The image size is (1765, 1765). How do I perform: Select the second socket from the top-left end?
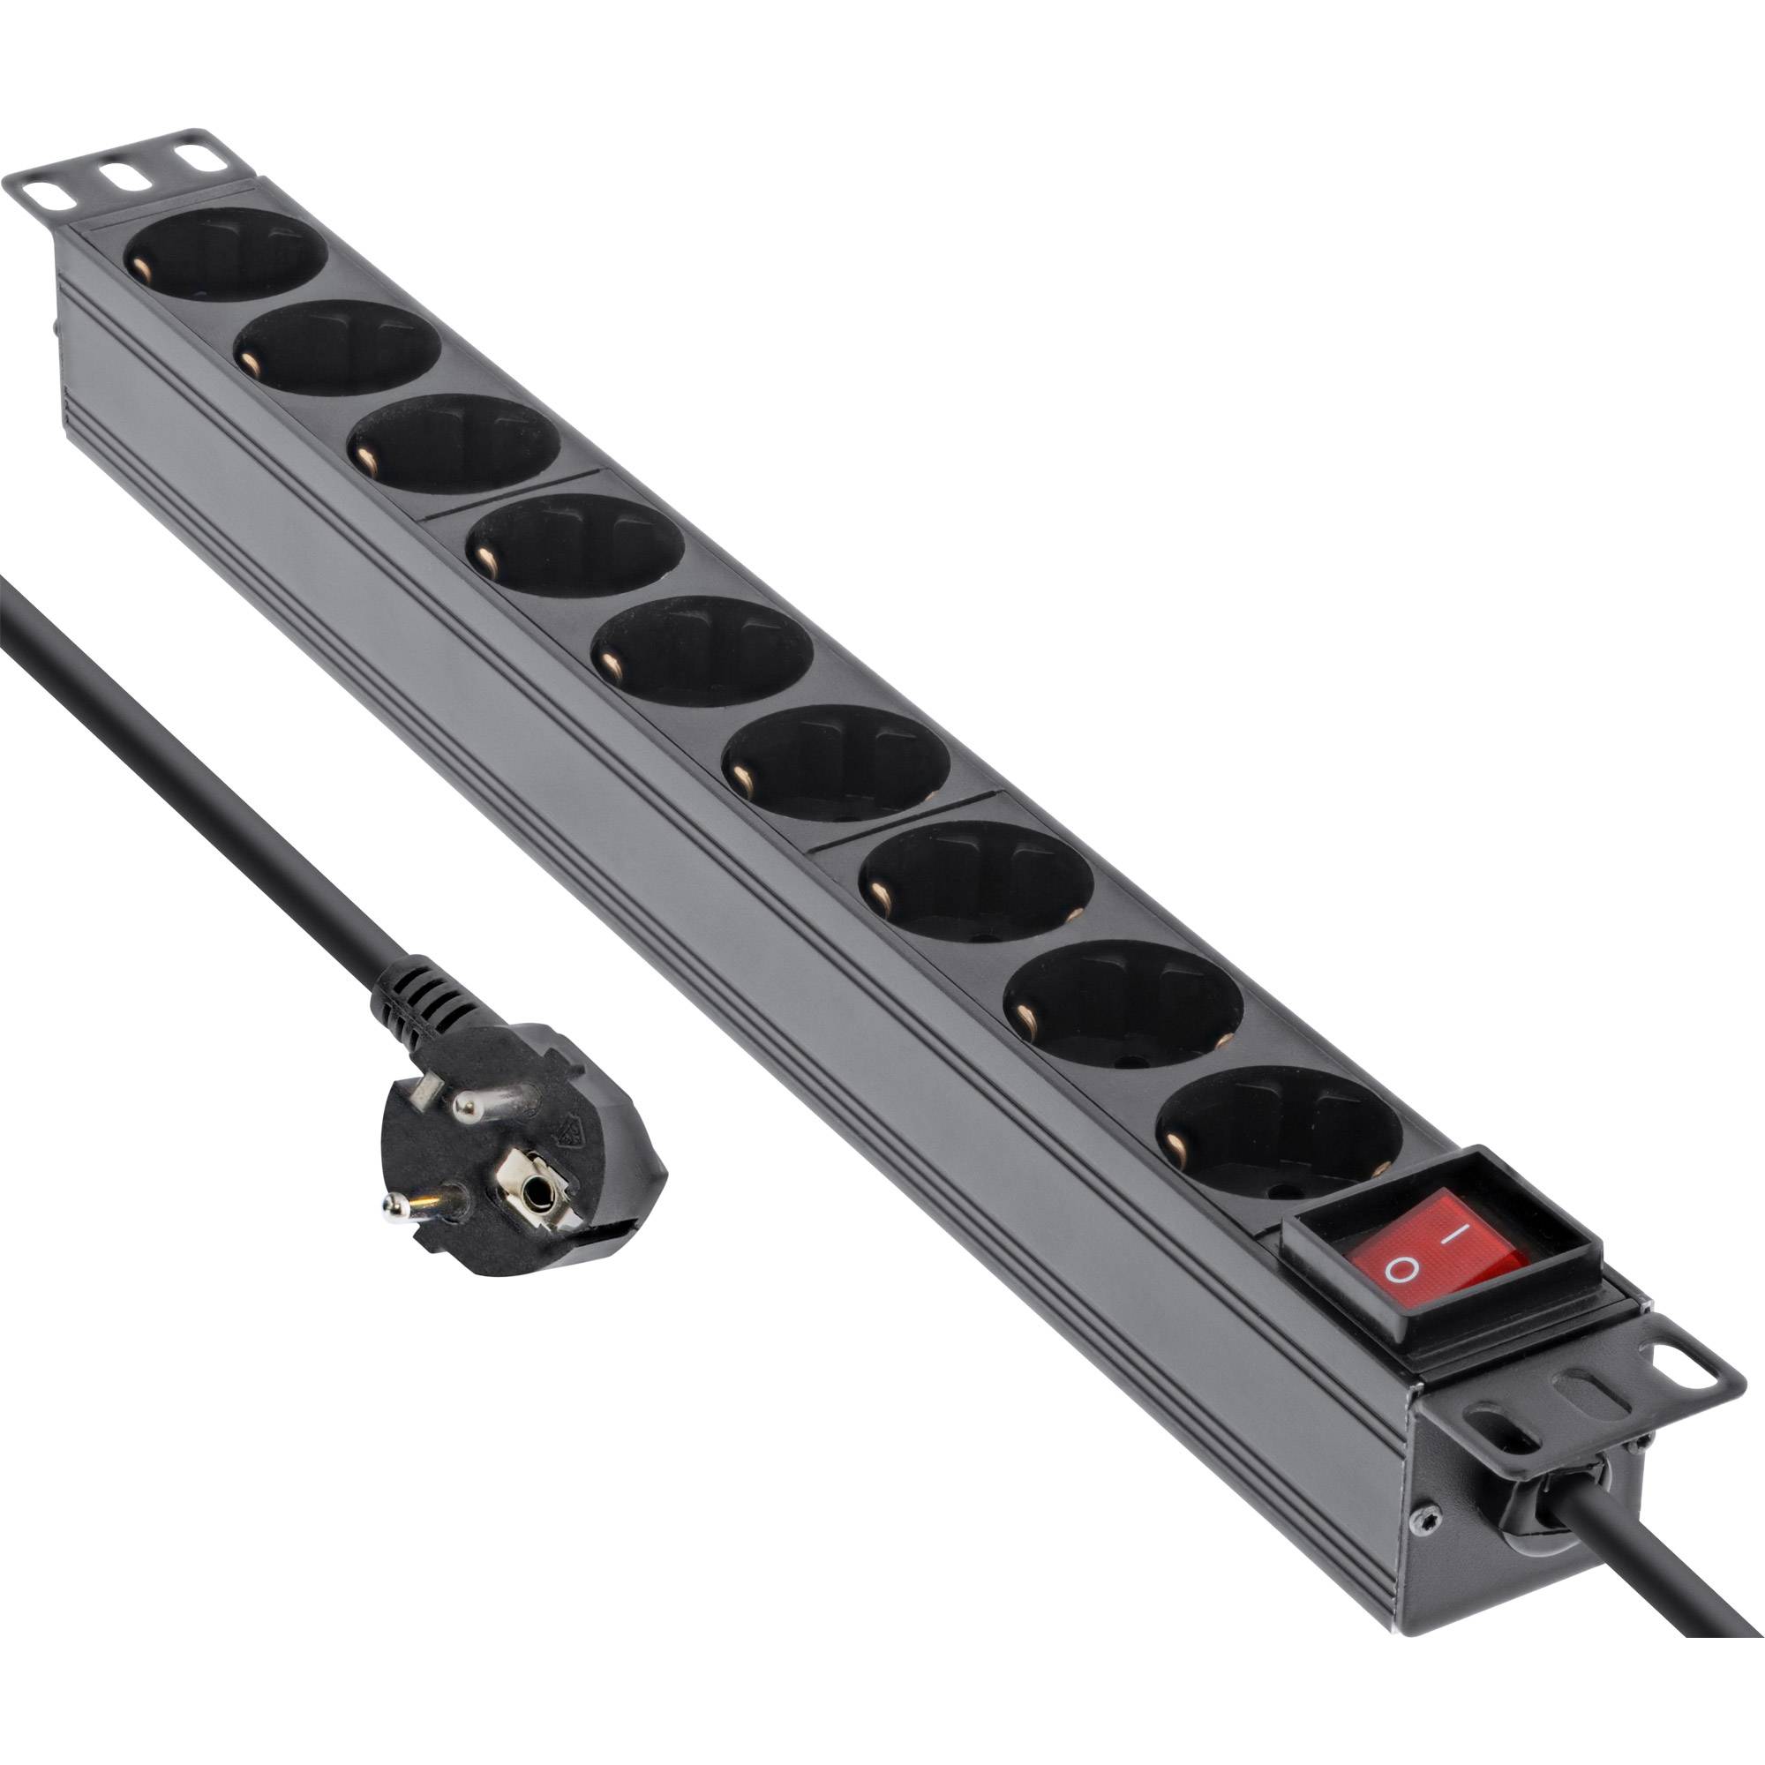338,348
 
